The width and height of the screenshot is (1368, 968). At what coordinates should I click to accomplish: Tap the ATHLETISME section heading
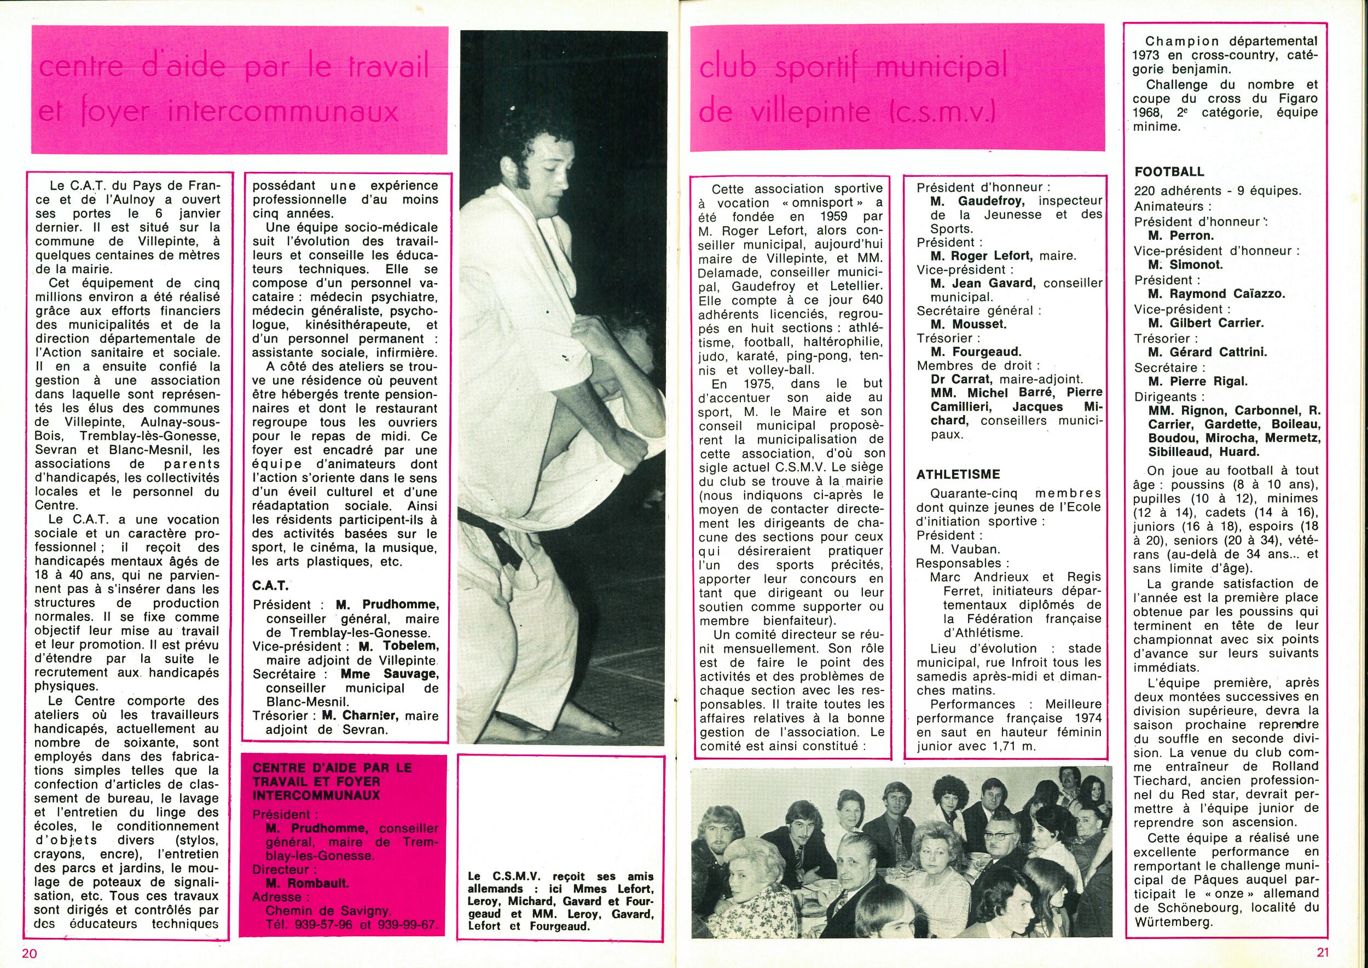tap(959, 475)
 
